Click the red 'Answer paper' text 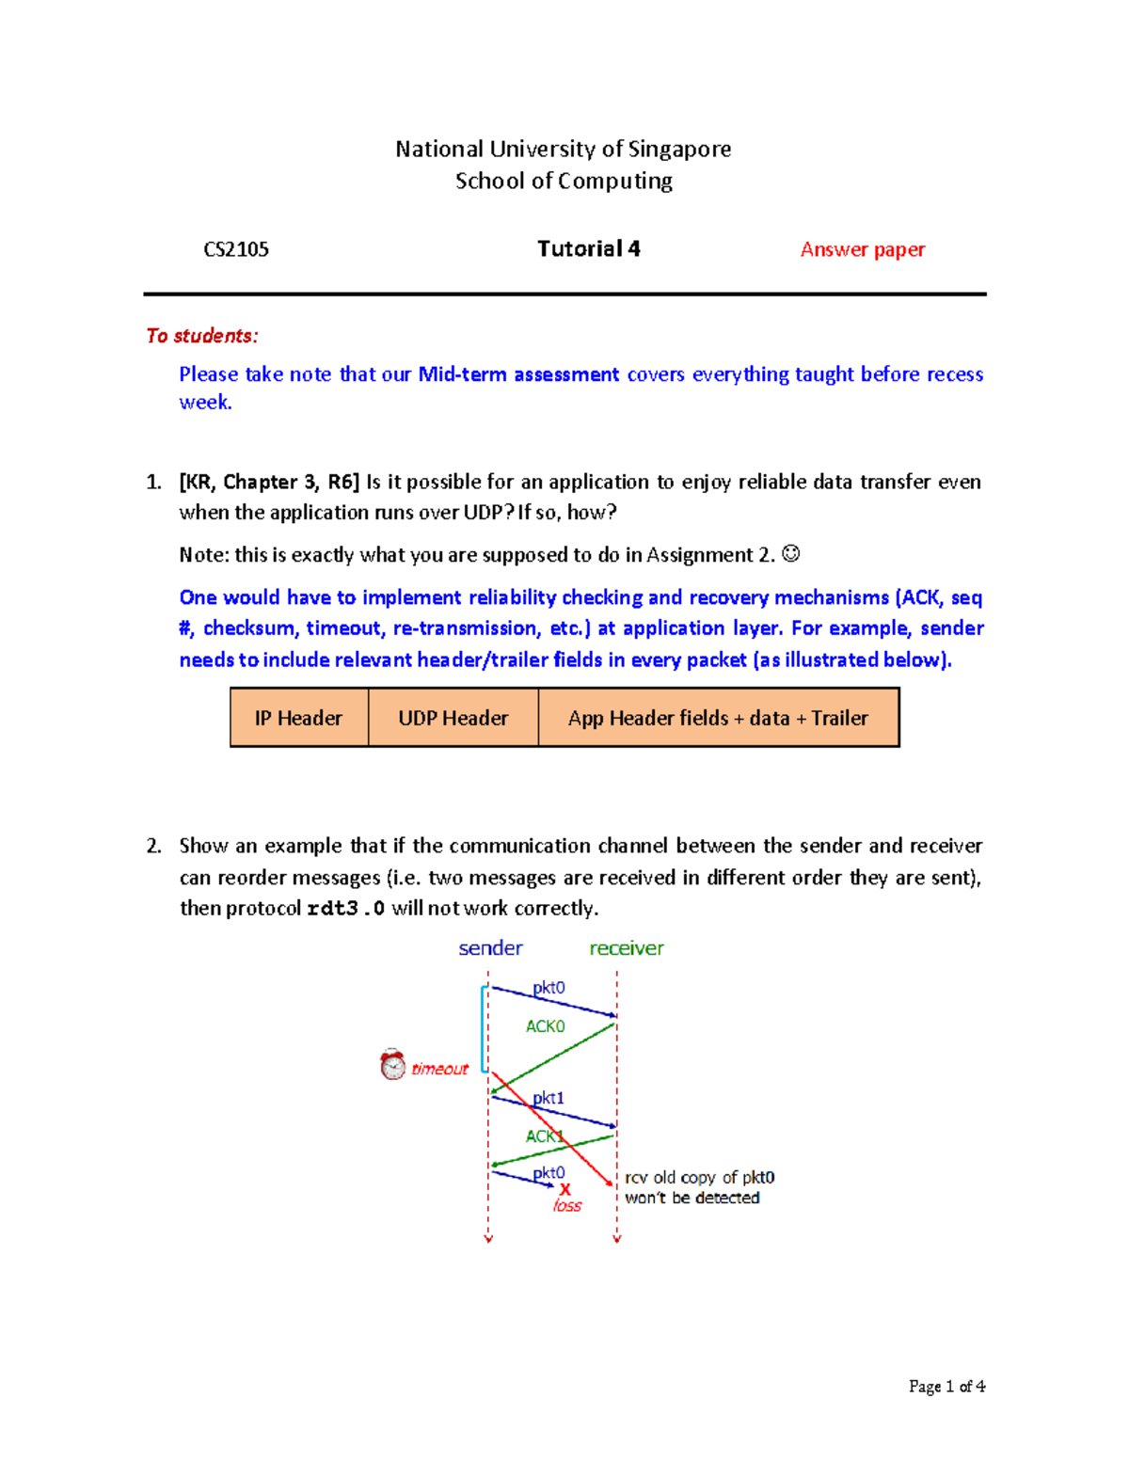[862, 249]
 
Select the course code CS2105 [236, 249]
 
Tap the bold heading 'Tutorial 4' [588, 248]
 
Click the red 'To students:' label [201, 336]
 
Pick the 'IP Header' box [298, 718]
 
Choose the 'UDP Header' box [453, 718]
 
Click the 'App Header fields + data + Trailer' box [718, 718]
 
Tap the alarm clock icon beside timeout [392, 1065]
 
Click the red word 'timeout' [439, 1069]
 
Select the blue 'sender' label [490, 948]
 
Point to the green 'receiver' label [626, 948]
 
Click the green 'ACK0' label [545, 1026]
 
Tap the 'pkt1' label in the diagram [549, 1098]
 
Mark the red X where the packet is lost [564, 1190]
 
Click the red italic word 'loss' [567, 1206]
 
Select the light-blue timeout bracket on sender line [484, 1028]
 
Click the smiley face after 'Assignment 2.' [791, 554]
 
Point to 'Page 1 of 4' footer [946, 1386]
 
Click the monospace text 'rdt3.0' [345, 909]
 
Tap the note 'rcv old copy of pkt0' [699, 1178]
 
